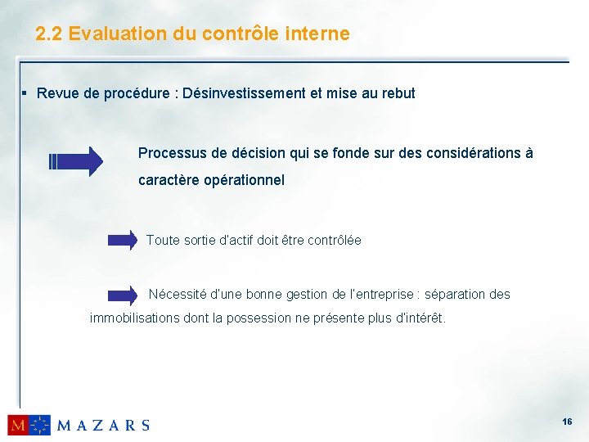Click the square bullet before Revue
point(26,92)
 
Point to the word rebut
point(397,93)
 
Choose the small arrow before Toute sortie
point(124,241)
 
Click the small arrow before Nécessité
point(124,295)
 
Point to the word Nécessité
point(177,294)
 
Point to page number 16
point(566,421)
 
